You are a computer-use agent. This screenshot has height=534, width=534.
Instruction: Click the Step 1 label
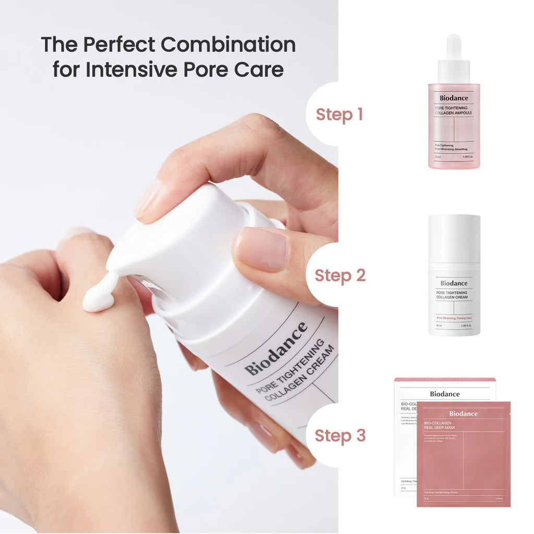click(x=339, y=115)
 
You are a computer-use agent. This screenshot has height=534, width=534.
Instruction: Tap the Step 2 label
click(x=341, y=275)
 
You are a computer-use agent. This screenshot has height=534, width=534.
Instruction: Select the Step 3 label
click(x=341, y=436)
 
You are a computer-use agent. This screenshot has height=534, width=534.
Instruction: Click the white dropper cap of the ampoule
click(x=454, y=57)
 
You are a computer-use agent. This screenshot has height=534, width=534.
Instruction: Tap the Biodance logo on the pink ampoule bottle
click(x=454, y=98)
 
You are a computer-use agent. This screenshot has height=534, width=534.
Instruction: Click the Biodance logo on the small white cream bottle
click(x=454, y=283)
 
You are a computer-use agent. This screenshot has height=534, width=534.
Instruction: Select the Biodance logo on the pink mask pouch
click(x=463, y=414)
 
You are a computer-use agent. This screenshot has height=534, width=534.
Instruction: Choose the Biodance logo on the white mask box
click(x=445, y=394)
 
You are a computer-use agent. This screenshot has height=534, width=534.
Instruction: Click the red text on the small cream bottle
click(x=454, y=318)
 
